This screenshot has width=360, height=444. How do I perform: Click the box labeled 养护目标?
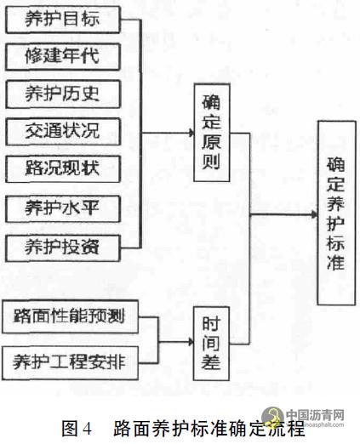point(63,20)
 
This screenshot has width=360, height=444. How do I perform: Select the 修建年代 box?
point(63,57)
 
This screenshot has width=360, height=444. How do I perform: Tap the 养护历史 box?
point(63,94)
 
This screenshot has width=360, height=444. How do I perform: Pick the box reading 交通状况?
point(63,132)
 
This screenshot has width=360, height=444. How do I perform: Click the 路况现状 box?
point(63,169)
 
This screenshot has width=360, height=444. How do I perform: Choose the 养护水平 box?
point(63,208)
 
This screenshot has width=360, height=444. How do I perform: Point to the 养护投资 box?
point(63,248)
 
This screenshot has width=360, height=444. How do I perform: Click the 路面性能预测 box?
point(70,316)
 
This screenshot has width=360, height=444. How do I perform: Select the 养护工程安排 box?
point(70,363)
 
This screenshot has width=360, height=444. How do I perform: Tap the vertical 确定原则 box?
point(212,133)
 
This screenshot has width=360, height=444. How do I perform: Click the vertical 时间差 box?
point(211,344)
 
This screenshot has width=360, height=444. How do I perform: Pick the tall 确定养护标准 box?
point(336,213)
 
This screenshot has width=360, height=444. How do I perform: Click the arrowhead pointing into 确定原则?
point(191,133)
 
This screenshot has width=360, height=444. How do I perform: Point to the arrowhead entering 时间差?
point(191,342)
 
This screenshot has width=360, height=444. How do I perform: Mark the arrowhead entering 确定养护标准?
point(314,214)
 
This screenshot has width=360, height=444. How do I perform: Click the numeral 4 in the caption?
point(88,429)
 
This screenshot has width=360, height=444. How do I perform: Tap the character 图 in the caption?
point(69,429)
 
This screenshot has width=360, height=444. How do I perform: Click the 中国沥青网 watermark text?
point(315,415)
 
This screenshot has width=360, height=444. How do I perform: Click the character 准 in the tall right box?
point(336,262)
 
